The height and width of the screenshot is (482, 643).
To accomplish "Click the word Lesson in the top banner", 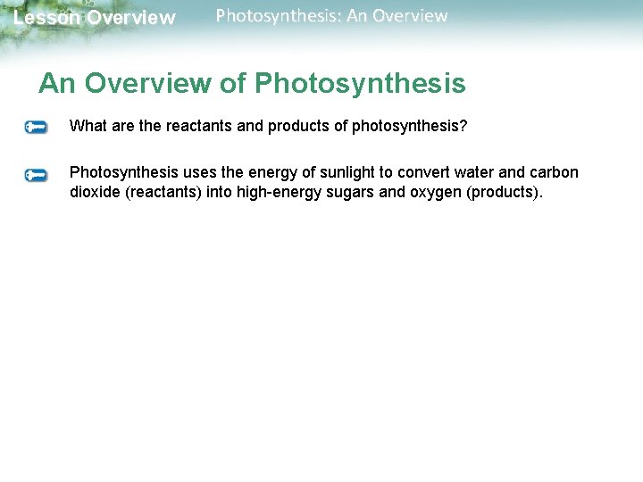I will tap(46, 18).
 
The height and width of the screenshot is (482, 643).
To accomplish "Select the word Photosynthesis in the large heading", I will tap(360, 84).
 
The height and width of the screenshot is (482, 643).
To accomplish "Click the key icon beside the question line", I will tap(37, 128).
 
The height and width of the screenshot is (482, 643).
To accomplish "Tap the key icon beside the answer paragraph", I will tap(37, 175).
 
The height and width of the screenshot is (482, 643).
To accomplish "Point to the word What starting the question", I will tap(88, 126).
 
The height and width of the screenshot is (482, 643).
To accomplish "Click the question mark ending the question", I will tap(463, 126).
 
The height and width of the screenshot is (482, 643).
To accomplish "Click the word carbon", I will tap(555, 172).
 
